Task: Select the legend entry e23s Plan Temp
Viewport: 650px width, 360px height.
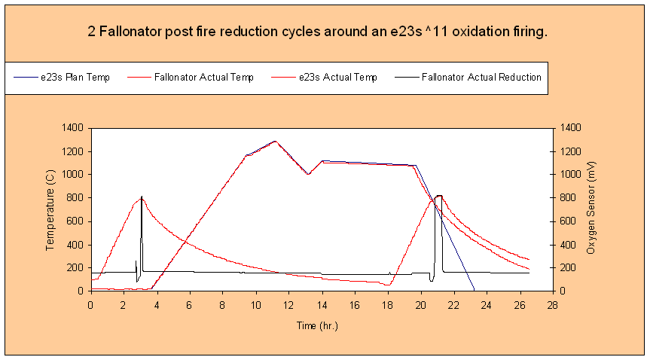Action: pos(63,78)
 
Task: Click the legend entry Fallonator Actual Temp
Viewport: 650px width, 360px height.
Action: pos(191,78)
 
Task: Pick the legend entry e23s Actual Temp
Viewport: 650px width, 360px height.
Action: pos(324,78)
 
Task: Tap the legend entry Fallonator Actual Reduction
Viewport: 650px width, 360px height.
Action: pos(468,78)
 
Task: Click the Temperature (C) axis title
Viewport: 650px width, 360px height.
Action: pos(50,210)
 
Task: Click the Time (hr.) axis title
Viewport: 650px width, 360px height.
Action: pos(318,326)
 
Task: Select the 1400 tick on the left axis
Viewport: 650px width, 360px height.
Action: pos(72,128)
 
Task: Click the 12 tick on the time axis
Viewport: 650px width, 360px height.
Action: pos(288,306)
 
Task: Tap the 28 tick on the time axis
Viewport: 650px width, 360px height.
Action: pos(552,306)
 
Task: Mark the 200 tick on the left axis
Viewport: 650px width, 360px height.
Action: pos(75,268)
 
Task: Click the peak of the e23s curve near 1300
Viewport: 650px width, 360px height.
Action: pos(275,142)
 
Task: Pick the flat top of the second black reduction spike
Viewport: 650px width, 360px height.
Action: pos(438,195)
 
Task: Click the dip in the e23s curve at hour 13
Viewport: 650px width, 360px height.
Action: pos(308,174)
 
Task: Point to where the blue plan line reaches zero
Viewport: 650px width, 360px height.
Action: pos(474,289)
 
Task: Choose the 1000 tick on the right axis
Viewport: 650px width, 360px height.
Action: pos(570,175)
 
